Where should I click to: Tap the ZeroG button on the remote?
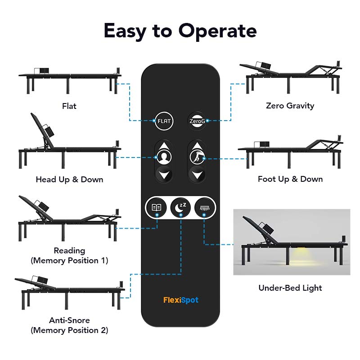point(196,121)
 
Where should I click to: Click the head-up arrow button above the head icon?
point(164,147)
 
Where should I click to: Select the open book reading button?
point(156,207)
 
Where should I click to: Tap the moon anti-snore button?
point(180,207)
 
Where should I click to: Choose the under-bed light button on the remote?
point(204,207)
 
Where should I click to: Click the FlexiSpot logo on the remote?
point(180,300)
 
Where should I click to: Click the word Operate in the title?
point(217,31)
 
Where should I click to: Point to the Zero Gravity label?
point(290,106)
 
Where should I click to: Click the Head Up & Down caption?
point(69,180)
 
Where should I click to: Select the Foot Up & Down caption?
point(290,179)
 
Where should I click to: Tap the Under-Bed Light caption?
point(290,288)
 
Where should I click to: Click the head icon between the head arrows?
point(164,157)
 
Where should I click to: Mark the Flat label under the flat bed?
point(69,106)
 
